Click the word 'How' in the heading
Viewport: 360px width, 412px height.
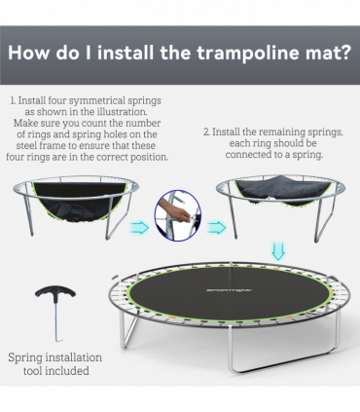click(39, 53)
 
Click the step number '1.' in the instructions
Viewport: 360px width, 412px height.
click(14, 100)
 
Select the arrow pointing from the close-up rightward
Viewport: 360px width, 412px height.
click(215, 229)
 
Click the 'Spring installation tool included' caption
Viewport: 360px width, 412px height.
click(54, 363)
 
